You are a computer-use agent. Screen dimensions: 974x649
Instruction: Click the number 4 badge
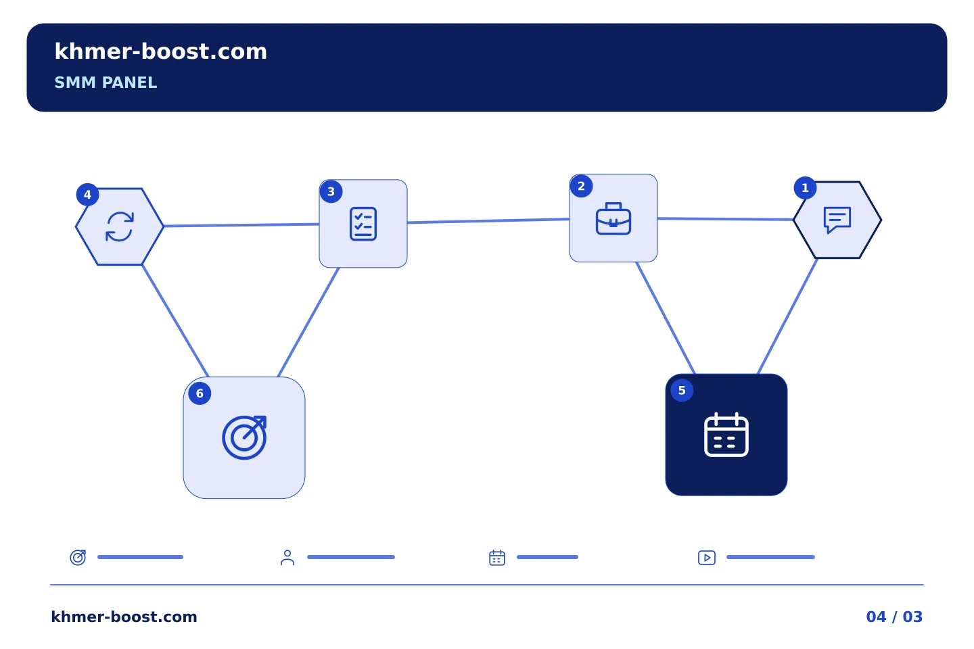tap(87, 195)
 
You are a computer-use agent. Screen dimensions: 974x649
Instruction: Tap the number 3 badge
tap(331, 192)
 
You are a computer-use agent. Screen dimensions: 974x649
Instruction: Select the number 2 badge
tap(582, 186)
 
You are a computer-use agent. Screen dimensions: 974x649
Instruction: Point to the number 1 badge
tap(806, 188)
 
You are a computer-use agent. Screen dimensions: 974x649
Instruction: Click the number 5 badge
tap(682, 390)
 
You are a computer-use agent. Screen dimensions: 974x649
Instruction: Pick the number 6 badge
tap(200, 393)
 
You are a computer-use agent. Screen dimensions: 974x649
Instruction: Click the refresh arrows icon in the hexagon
tap(120, 226)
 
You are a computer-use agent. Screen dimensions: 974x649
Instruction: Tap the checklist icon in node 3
tap(363, 224)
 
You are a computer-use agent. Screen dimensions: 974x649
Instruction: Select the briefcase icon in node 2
tap(613, 218)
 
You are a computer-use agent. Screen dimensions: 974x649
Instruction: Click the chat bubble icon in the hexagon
tap(837, 220)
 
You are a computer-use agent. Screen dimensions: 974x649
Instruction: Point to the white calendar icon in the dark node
tap(726, 435)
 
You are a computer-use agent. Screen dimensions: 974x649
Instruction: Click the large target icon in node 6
tap(244, 438)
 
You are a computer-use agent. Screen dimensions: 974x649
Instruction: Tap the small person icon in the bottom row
tap(287, 558)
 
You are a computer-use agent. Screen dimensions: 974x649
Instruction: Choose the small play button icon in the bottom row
tap(707, 558)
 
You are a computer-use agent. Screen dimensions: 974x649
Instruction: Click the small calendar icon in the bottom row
tap(497, 558)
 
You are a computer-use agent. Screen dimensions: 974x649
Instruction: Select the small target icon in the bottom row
tap(78, 557)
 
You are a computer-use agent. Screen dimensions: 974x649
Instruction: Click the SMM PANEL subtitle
tap(106, 82)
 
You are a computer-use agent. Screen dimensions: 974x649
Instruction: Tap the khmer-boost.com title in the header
tap(160, 51)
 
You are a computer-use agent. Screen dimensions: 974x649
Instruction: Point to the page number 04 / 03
tap(894, 617)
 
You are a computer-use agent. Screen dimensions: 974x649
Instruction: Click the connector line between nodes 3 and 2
tap(488, 221)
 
